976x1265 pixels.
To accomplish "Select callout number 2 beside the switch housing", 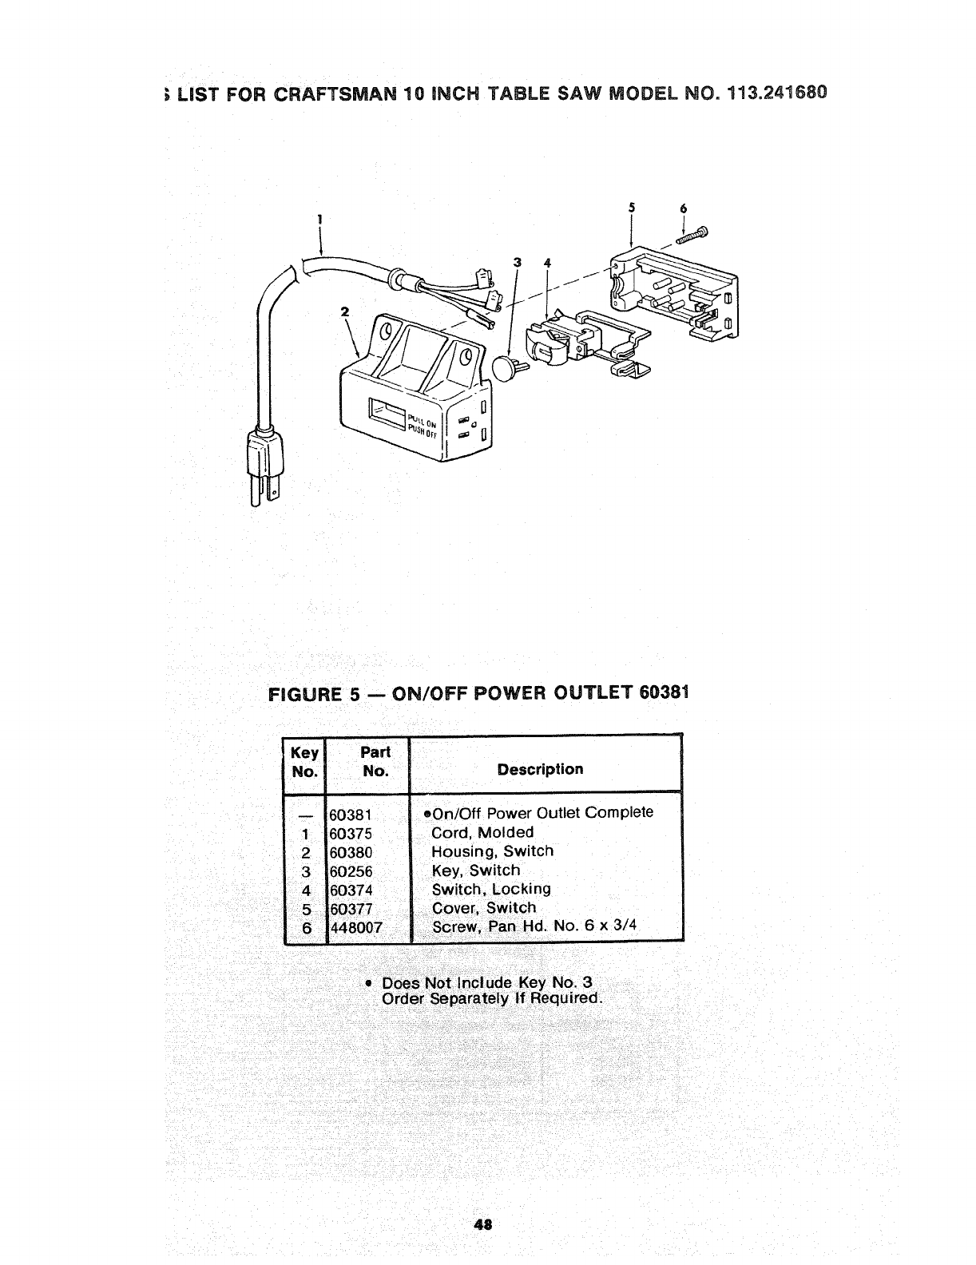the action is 345,312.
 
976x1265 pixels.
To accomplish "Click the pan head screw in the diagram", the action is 692,236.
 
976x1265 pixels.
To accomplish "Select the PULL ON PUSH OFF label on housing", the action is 421,421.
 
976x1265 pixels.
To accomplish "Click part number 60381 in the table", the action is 351,815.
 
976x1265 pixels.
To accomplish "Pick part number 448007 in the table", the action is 356,928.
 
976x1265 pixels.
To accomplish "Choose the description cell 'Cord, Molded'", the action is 482,832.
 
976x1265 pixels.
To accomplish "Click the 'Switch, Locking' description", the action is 491,889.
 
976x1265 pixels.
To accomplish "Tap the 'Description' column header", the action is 540,769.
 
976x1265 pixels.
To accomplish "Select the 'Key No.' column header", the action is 305,762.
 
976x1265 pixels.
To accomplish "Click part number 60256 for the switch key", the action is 351,871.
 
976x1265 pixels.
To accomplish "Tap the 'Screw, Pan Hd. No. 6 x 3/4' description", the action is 534,927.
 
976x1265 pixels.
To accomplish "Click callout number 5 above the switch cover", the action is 631,208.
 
